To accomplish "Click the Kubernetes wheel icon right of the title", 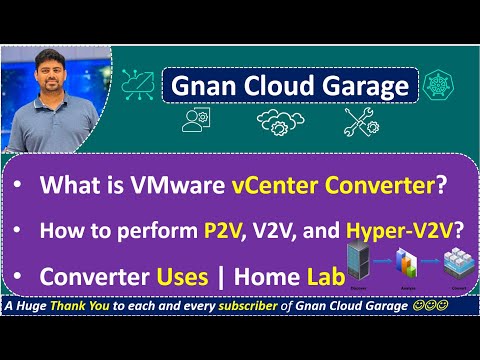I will [437, 84].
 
